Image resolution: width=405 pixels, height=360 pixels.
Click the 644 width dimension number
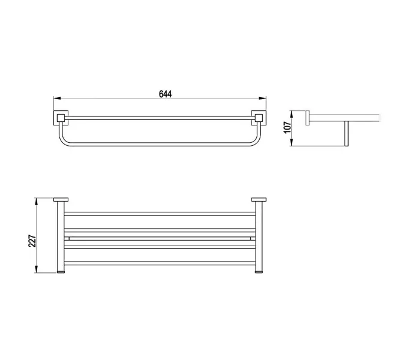click(166, 94)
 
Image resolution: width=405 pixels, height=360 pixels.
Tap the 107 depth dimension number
click(287, 127)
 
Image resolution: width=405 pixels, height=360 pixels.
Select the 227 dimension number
click(32, 241)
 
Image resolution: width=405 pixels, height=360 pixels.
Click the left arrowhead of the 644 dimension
click(57, 98)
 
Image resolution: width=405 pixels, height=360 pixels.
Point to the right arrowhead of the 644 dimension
click(263, 98)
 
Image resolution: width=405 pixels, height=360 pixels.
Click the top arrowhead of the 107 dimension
click(292, 114)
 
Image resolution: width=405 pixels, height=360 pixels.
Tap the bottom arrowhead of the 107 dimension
click(292, 143)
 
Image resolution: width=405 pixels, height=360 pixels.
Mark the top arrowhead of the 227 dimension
click(37, 202)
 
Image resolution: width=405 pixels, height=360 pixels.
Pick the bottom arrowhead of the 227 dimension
click(37, 269)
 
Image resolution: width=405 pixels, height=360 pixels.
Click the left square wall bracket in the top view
click(61, 118)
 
